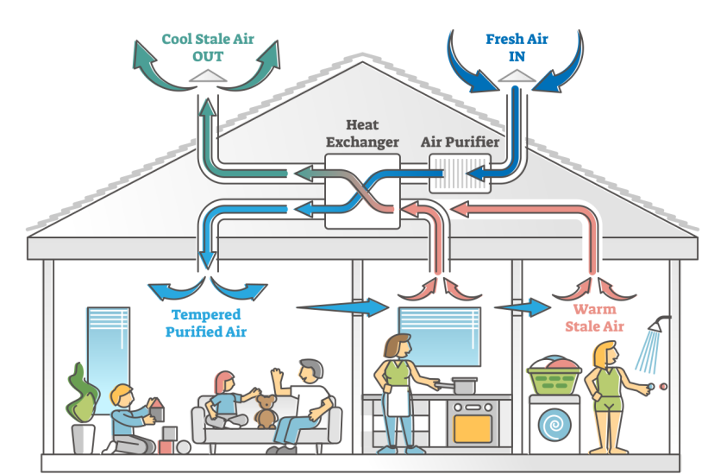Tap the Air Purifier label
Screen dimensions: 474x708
[460, 142]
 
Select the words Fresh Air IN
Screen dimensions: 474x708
[517, 47]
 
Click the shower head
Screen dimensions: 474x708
[660, 325]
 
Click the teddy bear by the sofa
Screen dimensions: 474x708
[266, 412]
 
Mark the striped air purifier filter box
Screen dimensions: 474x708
[460, 174]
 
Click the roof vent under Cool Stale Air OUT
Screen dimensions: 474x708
[207, 76]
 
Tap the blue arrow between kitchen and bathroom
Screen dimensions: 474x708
[523, 307]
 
